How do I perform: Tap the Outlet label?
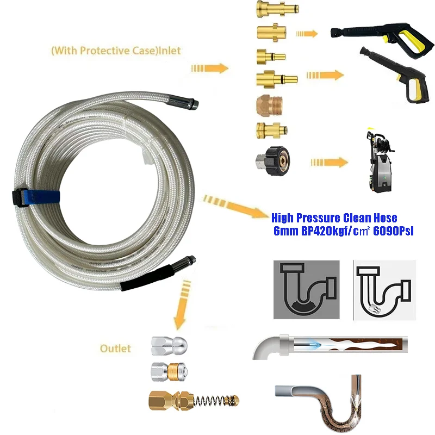tap(115, 347)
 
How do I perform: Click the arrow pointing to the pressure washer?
tap(330, 162)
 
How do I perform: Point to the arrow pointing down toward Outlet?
tap(182, 304)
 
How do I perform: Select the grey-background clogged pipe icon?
tap(306, 289)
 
